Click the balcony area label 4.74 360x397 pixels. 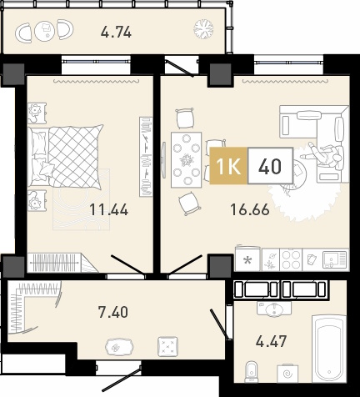116,33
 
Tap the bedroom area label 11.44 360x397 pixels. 109,209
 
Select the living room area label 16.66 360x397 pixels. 250,209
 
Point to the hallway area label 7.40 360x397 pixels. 113,312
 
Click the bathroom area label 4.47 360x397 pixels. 271,341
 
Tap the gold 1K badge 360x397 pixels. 228,166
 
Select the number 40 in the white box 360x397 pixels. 270,166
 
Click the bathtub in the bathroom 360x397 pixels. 329,349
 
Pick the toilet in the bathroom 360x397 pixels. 252,372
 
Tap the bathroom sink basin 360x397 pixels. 274,309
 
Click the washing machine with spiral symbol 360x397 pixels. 287,374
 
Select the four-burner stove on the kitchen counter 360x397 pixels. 291,259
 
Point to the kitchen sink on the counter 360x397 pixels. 335,259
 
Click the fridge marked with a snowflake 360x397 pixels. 247,259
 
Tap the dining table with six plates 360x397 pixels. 186,160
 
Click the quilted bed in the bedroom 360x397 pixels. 66,156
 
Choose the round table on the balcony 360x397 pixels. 45,31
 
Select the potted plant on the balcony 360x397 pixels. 203,28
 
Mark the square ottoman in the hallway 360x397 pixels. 167,346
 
